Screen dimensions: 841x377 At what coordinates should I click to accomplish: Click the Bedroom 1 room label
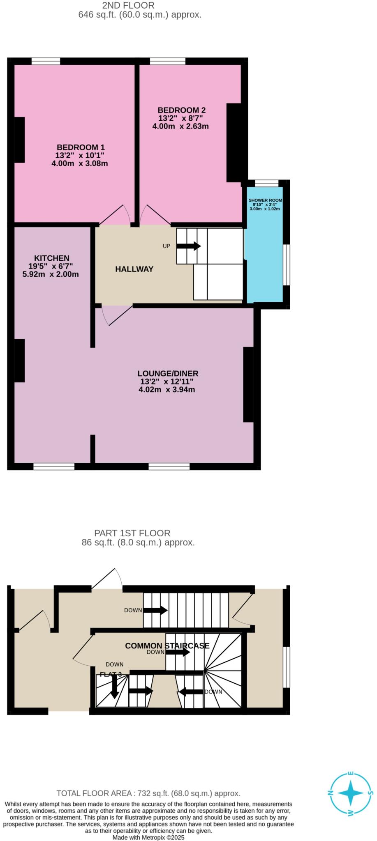click(81, 147)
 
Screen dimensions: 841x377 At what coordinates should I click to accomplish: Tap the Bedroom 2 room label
click(181, 110)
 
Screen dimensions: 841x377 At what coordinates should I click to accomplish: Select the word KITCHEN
click(51, 258)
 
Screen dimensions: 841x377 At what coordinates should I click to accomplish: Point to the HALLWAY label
click(134, 269)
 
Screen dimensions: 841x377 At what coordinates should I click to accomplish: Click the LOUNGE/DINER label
click(168, 373)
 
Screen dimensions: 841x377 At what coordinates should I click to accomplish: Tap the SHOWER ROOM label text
click(265, 200)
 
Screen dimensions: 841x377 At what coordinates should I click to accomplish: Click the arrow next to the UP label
click(189, 246)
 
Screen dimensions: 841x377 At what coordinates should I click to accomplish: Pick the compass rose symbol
click(350, 793)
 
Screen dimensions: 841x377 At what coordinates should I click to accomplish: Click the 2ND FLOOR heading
click(128, 6)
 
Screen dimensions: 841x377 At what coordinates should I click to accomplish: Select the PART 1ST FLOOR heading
click(132, 533)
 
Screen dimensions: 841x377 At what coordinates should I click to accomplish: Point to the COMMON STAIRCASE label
click(167, 646)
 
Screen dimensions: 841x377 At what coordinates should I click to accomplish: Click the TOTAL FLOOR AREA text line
click(148, 793)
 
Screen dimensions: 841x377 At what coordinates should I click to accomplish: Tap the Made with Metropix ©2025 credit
click(148, 837)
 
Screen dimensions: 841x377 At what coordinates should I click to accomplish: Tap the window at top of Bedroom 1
click(46, 61)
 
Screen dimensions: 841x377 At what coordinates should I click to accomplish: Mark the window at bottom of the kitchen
click(54, 466)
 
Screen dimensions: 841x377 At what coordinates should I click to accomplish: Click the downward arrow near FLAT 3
click(114, 687)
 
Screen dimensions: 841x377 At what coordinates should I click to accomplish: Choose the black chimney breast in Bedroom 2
click(234, 142)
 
